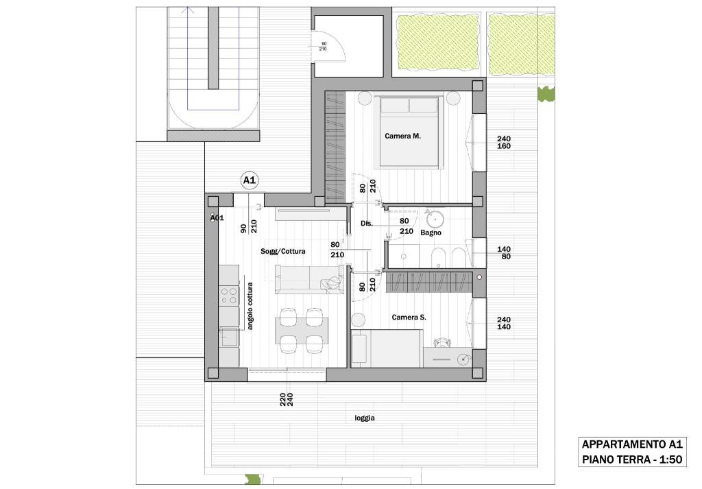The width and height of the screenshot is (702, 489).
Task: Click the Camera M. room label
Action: click(x=402, y=136)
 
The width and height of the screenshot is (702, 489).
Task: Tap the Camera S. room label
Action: click(x=409, y=318)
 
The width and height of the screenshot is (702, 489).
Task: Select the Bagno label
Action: click(x=431, y=233)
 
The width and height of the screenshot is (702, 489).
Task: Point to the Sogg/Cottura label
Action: click(x=283, y=252)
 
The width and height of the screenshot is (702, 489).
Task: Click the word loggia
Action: click(x=365, y=418)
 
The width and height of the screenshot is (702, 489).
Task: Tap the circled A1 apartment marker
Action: click(x=249, y=180)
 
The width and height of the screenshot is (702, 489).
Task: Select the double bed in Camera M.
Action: click(x=409, y=132)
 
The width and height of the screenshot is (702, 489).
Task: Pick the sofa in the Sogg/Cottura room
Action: click(x=309, y=279)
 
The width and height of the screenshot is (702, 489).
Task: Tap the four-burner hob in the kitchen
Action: click(x=228, y=296)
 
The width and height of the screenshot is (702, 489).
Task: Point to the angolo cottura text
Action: click(x=250, y=306)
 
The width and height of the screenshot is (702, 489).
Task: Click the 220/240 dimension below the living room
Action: click(x=286, y=399)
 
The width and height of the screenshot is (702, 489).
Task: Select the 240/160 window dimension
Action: click(x=504, y=143)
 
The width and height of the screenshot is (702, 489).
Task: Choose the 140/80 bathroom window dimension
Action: click(x=504, y=253)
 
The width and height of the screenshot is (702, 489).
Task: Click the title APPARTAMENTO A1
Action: click(x=631, y=444)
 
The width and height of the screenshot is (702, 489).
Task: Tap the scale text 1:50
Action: click(x=670, y=460)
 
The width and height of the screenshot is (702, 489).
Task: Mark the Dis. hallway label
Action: click(x=367, y=224)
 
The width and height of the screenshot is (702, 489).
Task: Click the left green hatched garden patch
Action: click(x=437, y=44)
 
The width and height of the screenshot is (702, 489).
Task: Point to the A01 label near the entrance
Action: click(x=217, y=218)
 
